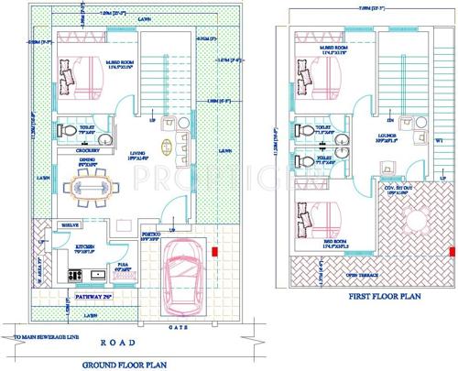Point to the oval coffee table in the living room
167,148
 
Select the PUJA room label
124,266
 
